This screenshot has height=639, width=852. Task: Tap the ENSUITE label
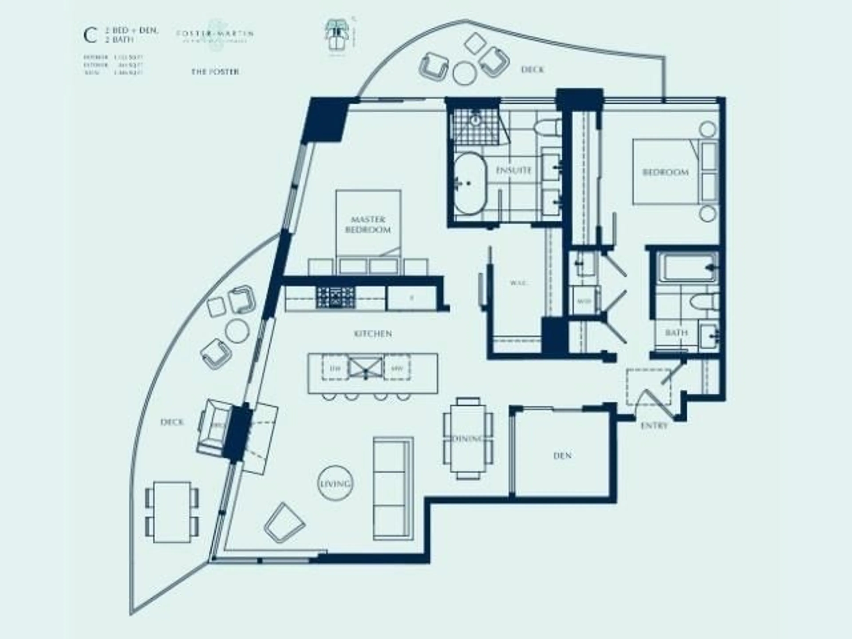(x=513, y=170)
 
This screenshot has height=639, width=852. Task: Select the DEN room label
(x=562, y=456)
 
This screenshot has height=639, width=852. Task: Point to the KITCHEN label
(x=373, y=333)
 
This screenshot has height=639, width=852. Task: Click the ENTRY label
(x=654, y=426)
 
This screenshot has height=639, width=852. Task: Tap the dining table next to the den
(x=468, y=438)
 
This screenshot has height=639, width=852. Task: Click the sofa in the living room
(x=393, y=488)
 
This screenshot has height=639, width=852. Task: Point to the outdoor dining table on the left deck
(x=172, y=512)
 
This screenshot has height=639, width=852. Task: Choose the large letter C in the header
(x=90, y=36)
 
